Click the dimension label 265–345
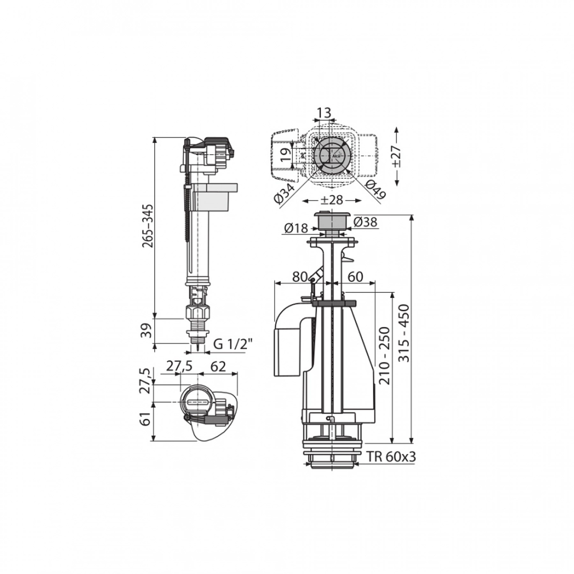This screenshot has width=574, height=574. click(x=148, y=226)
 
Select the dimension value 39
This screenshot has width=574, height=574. click(x=147, y=331)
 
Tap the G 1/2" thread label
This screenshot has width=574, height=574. click(x=233, y=344)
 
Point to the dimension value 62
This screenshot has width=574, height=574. click(x=218, y=366)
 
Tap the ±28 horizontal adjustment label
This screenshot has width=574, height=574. click(x=332, y=200)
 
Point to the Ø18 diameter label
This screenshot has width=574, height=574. click(x=296, y=229)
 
